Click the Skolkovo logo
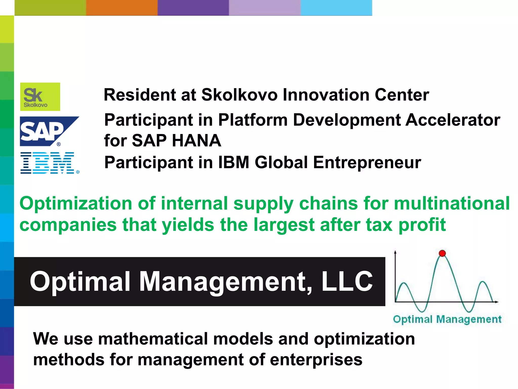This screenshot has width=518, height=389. click(x=40, y=97)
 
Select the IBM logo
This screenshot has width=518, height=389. click(x=49, y=163)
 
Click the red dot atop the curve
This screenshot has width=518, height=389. click(x=442, y=253)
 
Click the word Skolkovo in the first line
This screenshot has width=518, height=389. click(x=239, y=95)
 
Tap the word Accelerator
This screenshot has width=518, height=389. click(x=453, y=120)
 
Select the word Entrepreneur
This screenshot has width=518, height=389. click(x=367, y=162)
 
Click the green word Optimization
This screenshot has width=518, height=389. click(x=76, y=203)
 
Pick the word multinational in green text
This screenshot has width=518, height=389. click(x=452, y=203)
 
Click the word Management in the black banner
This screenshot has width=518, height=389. click(x=225, y=281)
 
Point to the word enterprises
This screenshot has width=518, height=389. click(x=316, y=360)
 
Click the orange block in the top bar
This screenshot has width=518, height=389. click(x=122, y=8)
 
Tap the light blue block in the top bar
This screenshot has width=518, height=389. click(x=336, y=8)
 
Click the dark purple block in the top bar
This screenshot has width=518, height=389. click(x=193, y=8)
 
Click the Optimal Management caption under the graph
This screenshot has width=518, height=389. click(x=447, y=319)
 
